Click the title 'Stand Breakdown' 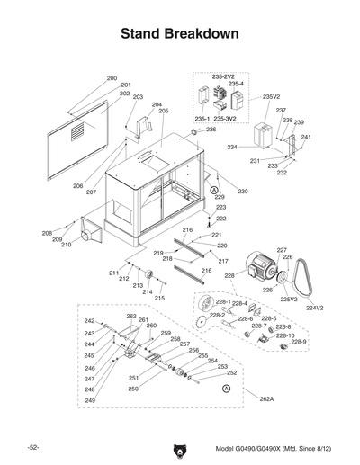tap(179, 34)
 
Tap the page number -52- tap(32, 447)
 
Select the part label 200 tap(112, 79)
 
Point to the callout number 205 tap(164, 111)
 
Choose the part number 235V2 tap(271, 96)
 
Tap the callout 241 tap(306, 138)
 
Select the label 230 tap(243, 192)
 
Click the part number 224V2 tap(314, 308)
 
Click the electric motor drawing tap(261, 273)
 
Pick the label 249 tap(90, 400)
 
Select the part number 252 tap(231, 372)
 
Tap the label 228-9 tap(297, 342)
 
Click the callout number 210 tap(66, 246)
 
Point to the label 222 tap(220, 219)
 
